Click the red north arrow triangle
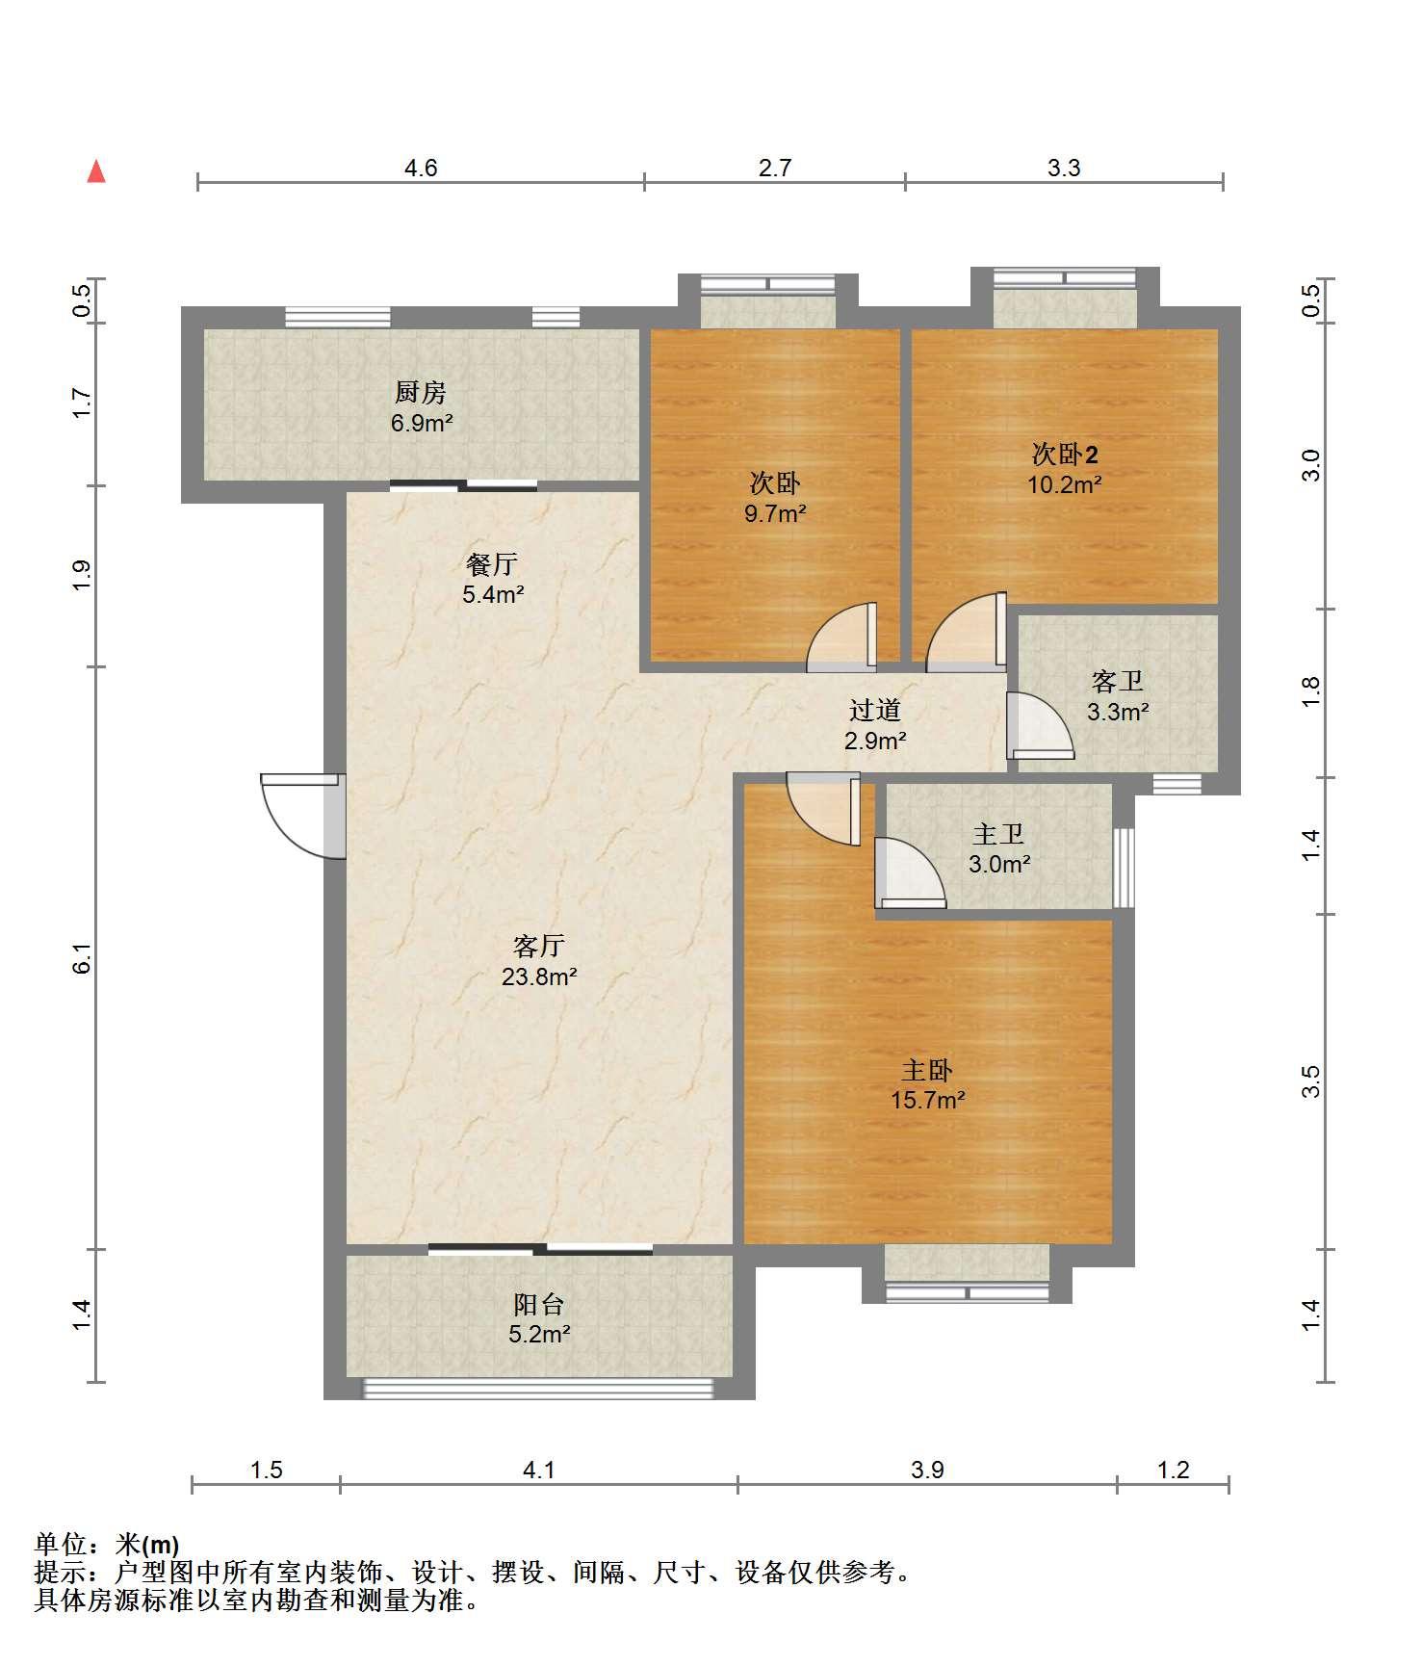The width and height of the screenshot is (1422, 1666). [x=96, y=171]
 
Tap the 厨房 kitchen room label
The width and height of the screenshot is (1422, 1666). [x=421, y=393]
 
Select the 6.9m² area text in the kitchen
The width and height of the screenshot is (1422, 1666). [x=422, y=423]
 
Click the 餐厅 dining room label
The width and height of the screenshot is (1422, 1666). [x=492, y=564]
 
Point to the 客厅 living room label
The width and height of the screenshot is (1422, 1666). [x=539, y=947]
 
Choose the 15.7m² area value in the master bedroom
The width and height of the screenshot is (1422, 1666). [x=928, y=1100]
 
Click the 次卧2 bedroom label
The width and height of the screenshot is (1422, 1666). [x=1065, y=454]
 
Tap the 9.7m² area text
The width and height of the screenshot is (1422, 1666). [x=775, y=513]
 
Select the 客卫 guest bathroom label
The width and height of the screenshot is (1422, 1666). [x=1118, y=682]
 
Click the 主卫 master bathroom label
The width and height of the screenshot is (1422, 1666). [x=998, y=834]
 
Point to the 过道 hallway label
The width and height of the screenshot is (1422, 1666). [x=875, y=711]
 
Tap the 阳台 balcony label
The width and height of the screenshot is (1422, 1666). [x=539, y=1305]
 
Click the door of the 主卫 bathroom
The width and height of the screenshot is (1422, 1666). [x=911, y=872]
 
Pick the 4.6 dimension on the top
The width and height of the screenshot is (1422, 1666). [x=421, y=169]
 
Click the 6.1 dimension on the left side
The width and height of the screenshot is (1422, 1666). [x=83, y=959]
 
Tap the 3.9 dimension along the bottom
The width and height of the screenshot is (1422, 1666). [x=927, y=1470]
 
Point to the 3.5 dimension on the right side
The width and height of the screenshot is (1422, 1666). [x=1310, y=1081]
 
